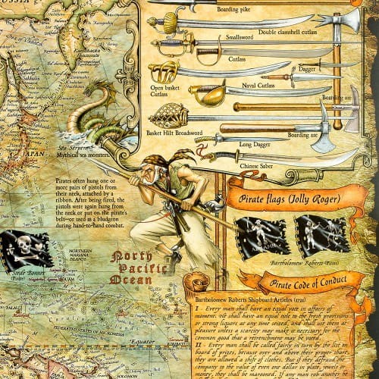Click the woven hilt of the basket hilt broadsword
[165, 116]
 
